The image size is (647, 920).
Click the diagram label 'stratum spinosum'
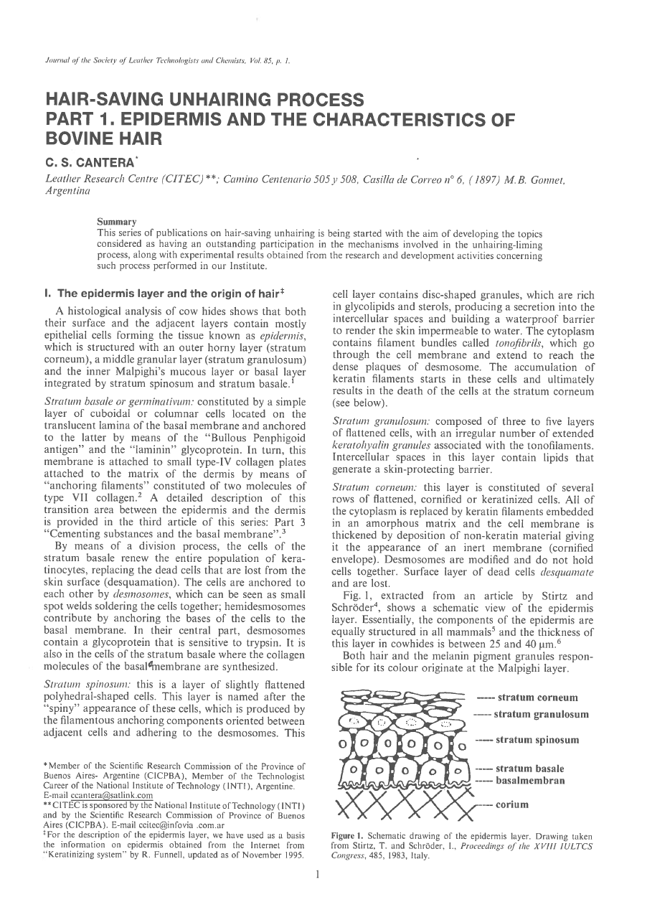[537, 740]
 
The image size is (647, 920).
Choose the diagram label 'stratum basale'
[530, 769]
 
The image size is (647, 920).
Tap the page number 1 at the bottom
[317, 895]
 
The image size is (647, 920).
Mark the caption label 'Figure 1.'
[348, 837]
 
